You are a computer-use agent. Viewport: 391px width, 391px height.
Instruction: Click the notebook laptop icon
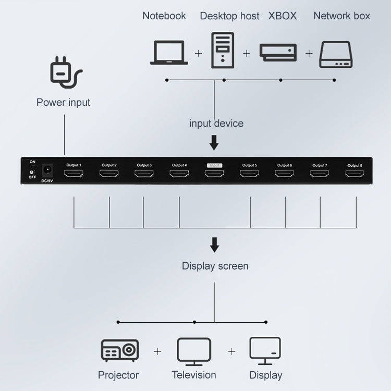tap(169, 53)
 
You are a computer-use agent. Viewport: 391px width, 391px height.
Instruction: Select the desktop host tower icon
tap(223, 50)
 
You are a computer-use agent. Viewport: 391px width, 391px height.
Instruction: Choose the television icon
tap(194, 351)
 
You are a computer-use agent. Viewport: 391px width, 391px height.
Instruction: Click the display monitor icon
tap(265, 350)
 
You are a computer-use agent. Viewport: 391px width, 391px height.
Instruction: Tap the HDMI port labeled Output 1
tap(74, 173)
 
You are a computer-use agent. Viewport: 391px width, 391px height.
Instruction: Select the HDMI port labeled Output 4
tap(179, 173)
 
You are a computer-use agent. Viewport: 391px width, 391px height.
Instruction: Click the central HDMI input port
tap(214, 173)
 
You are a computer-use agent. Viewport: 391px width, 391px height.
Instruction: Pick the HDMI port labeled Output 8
tap(355, 173)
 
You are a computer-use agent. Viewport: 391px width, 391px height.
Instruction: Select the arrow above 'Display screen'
tap(214, 245)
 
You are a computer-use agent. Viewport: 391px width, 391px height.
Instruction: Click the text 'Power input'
tap(63, 102)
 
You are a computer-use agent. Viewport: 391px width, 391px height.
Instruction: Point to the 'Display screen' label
tap(215, 266)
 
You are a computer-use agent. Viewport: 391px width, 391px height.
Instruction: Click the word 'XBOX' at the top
tap(282, 16)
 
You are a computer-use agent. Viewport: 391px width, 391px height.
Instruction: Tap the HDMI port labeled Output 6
tap(284, 173)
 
